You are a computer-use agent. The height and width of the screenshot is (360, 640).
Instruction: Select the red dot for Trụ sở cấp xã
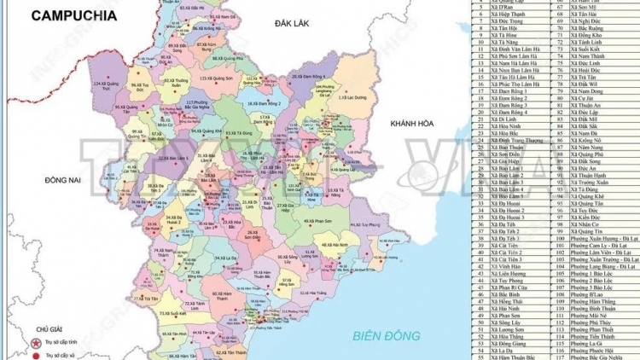pos(37,353)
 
